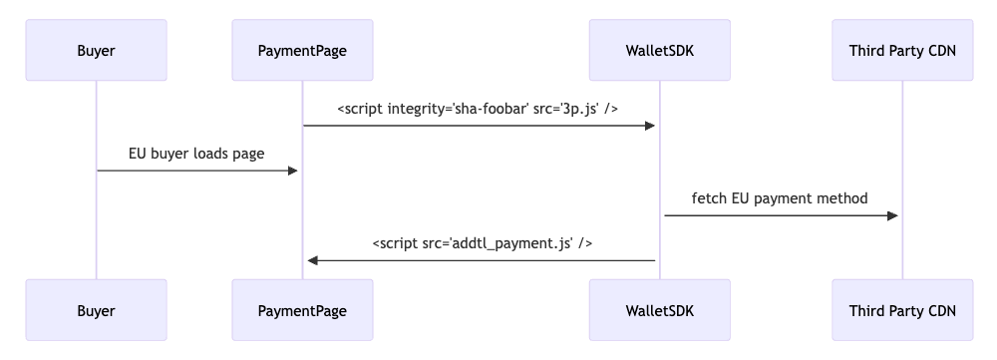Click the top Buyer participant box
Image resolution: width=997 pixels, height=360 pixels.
(x=96, y=50)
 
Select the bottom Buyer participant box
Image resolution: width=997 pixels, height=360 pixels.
(x=96, y=310)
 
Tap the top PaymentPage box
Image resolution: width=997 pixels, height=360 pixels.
(x=302, y=50)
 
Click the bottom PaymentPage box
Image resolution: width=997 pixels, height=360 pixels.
(x=302, y=310)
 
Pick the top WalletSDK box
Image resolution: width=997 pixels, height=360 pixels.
(x=659, y=50)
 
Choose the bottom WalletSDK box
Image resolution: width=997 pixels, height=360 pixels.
(x=659, y=310)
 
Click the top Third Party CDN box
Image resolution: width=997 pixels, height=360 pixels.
(x=902, y=50)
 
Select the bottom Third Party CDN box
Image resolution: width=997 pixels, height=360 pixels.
(x=902, y=310)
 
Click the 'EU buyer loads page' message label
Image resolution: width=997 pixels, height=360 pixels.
(x=195, y=154)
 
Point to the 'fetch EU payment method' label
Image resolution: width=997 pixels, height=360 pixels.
(x=780, y=198)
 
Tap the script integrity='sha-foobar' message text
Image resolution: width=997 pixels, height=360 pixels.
(x=478, y=109)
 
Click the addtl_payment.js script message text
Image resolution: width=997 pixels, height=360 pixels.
(x=483, y=243)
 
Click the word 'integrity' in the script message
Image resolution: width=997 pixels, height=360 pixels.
(x=416, y=109)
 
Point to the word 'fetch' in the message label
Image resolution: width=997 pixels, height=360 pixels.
(x=709, y=198)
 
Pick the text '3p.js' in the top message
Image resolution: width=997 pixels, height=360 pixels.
(x=582, y=109)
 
